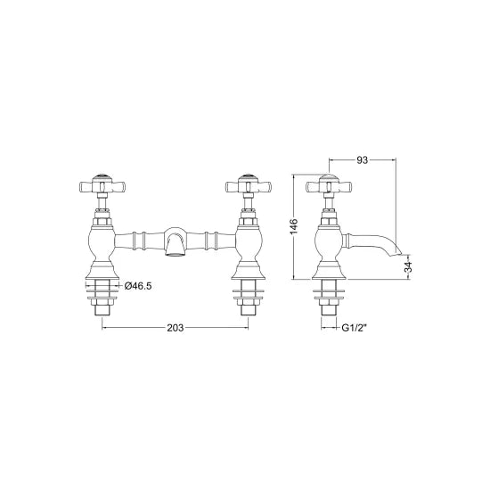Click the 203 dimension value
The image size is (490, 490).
pos(175,328)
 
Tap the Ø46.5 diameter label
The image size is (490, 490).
pos(140,285)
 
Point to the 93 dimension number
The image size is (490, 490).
pos(363,160)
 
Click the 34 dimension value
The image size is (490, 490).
pos(409,266)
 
